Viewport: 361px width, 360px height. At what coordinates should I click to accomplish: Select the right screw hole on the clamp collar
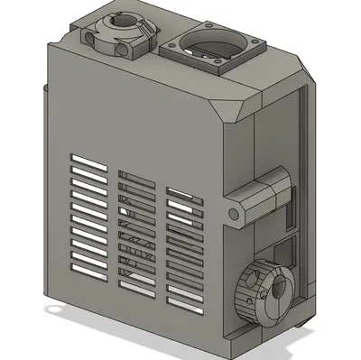[x=142, y=31]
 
